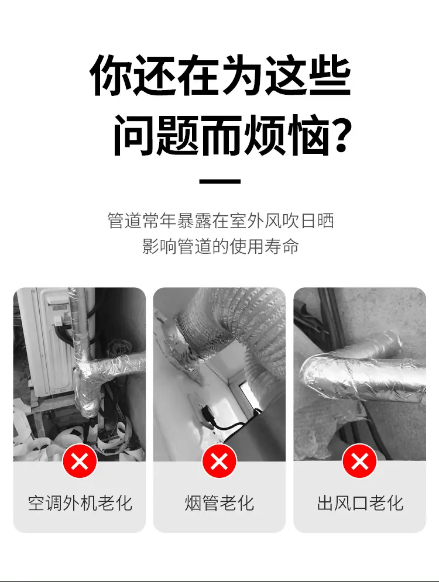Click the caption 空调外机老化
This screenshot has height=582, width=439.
tap(80, 503)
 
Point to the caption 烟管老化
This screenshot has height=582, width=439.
tap(220, 503)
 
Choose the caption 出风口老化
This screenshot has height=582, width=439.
tap(360, 503)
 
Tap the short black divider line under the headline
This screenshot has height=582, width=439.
tap(220, 181)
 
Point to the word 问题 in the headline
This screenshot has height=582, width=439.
tap(156, 136)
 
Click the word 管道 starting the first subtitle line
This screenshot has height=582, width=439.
tap(125, 221)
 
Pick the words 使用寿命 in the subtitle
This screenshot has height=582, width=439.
tap(264, 246)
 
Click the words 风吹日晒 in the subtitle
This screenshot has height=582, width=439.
tap(299, 221)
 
